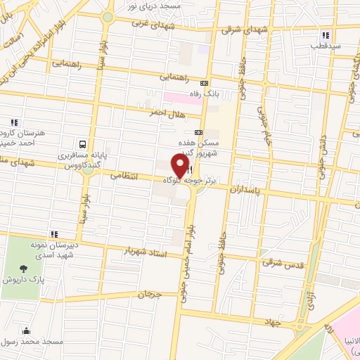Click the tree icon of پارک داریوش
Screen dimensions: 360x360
(x=25, y=268)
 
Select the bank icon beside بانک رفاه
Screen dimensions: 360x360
(x=204, y=82)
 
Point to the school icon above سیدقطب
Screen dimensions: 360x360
(x=325, y=34)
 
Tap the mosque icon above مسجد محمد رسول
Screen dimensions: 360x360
(x=27, y=331)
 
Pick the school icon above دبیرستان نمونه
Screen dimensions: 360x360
(x=53, y=234)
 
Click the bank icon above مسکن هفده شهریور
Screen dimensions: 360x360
(x=198, y=131)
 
